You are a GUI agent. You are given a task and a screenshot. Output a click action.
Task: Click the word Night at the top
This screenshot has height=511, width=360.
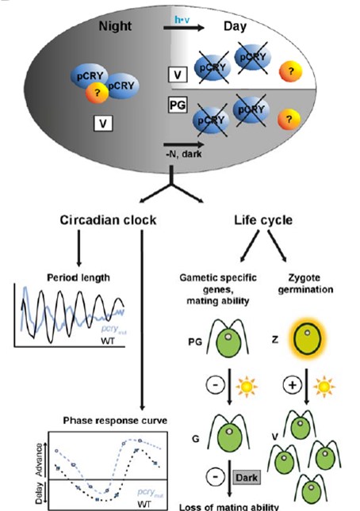click(117, 26)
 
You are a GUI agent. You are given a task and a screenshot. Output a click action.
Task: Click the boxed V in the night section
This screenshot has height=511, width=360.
click(102, 122)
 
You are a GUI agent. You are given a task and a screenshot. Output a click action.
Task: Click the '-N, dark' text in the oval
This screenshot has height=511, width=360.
click(187, 147)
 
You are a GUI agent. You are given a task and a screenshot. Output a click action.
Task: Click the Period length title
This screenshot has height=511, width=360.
click(67, 276)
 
